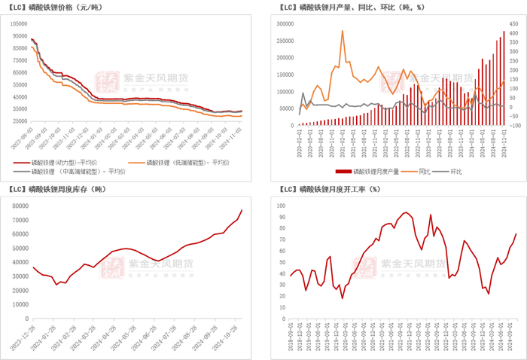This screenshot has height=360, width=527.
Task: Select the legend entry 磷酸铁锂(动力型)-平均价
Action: (x=62, y=162)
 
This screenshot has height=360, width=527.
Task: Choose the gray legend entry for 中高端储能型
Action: (x=69, y=172)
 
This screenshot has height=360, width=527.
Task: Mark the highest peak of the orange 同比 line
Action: (x=343, y=31)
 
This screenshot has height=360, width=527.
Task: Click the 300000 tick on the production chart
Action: (x=284, y=23)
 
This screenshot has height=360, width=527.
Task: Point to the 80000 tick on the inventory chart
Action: (x=18, y=205)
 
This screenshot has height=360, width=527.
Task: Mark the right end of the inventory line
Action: (x=242, y=210)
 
